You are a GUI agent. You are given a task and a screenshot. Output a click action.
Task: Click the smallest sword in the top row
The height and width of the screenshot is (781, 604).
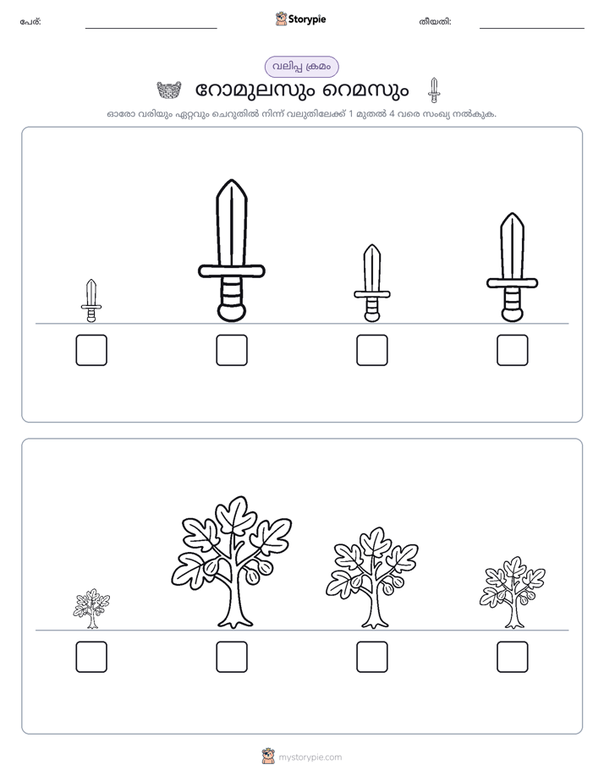pos(91,300)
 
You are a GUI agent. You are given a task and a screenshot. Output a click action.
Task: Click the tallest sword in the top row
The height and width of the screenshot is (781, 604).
pos(232,250)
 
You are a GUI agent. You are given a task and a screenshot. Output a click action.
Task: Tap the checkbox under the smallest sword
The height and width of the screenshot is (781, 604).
pos(91,350)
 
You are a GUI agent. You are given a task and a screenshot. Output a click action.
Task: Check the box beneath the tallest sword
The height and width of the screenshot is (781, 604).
pos(232,350)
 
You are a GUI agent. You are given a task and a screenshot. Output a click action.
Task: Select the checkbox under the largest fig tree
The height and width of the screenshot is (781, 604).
pos(232,657)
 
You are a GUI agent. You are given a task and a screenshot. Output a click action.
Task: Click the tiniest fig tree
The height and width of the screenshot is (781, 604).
pos(91,609)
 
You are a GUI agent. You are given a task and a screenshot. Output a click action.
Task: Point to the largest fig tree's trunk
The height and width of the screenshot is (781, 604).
pos(233,603)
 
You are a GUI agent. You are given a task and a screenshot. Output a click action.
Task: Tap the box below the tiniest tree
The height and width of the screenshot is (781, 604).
pos(91,657)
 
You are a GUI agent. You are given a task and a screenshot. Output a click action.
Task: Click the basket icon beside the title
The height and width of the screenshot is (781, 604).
pos(169,90)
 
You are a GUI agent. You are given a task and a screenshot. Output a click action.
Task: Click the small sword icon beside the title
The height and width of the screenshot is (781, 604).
pos(434,90)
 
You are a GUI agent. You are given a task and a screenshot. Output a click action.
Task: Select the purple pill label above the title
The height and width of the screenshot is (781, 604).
pos(301,67)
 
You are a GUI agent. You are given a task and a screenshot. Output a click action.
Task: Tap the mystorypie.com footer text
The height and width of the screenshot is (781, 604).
pos(310,757)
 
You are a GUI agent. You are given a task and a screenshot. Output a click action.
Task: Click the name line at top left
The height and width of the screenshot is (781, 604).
pos(151,29)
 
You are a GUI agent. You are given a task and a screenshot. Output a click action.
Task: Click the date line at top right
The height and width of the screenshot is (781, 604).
pos(532,29)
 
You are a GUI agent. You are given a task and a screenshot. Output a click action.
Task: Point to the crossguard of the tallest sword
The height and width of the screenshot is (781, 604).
pos(232,271)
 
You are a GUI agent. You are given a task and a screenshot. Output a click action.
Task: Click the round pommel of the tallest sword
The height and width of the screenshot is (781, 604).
pos(232,313)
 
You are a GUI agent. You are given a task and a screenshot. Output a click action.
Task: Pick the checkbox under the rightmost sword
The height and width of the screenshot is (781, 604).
pos(513,350)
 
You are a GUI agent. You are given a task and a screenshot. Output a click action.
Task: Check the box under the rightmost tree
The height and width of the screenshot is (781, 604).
pos(513,657)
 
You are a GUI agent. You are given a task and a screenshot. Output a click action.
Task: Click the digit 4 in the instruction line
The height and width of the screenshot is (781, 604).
pos(392,113)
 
